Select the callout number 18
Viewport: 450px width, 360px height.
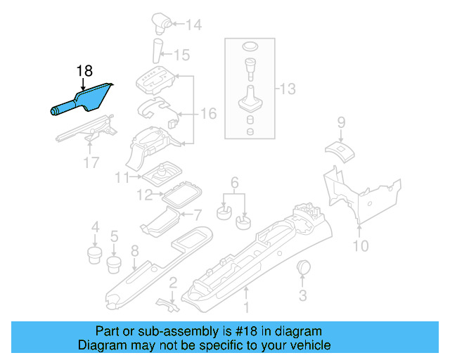(x=84, y=71)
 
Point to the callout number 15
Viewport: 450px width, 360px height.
(x=182, y=54)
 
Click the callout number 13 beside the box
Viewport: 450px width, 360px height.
(x=288, y=89)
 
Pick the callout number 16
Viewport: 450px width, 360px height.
(x=208, y=112)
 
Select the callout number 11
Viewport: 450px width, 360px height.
(x=123, y=176)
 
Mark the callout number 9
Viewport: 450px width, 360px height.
(x=340, y=122)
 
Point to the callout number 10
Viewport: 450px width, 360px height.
(x=360, y=245)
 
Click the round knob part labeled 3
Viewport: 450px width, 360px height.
(x=306, y=267)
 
